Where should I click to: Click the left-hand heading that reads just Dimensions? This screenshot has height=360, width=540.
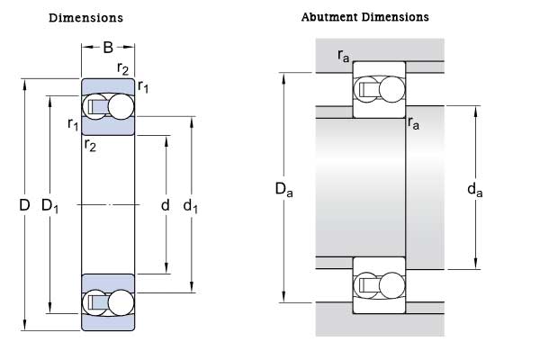pyautogui.click(x=85, y=18)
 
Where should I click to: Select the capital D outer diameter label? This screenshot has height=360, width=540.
pyautogui.click(x=24, y=206)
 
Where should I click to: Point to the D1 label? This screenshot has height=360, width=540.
pyautogui.click(x=49, y=207)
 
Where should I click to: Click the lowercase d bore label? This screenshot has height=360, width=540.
pyautogui.click(x=165, y=206)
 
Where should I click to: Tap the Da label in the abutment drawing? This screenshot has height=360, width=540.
pyautogui.click(x=283, y=189)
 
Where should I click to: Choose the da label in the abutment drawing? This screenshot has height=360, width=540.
pyautogui.click(x=475, y=189)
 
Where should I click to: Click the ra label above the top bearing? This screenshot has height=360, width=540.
pyautogui.click(x=343, y=56)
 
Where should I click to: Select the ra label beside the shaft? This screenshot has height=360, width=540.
pyautogui.click(x=414, y=123)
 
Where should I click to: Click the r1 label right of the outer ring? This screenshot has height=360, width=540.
pyautogui.click(x=143, y=86)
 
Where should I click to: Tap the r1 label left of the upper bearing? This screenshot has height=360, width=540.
pyautogui.click(x=73, y=123)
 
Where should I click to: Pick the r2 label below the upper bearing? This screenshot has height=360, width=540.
pyautogui.click(x=90, y=144)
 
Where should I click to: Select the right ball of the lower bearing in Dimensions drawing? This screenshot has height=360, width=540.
pyautogui.click(x=120, y=302)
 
